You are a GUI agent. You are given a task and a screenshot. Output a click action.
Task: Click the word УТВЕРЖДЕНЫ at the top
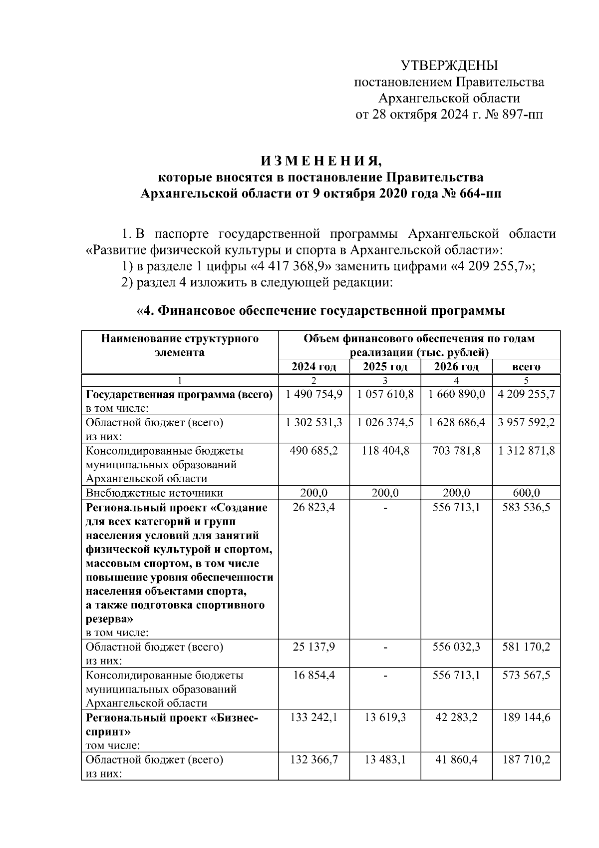[449, 65]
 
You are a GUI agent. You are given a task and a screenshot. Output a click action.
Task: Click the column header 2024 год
[313, 367]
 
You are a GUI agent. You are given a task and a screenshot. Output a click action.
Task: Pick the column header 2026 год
[456, 367]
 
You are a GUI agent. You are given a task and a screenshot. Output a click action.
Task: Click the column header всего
[526, 367]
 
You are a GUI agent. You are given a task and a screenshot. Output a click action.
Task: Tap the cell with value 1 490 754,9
[313, 394]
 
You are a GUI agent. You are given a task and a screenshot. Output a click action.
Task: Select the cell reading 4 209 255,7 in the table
[526, 394]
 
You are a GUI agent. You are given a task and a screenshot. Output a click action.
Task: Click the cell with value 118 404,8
[385, 451]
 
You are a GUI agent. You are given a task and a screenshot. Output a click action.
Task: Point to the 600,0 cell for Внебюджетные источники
[526, 493]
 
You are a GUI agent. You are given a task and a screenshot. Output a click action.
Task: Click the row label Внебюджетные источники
[154, 493]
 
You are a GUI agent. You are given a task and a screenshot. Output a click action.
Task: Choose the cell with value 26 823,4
[313, 508]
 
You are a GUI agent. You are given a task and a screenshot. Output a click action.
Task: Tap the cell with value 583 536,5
[526, 508]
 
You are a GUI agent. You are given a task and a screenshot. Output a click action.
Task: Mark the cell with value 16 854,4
[313, 675]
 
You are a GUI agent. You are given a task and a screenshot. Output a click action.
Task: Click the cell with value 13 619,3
[385, 718]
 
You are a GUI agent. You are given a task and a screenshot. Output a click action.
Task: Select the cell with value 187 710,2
[526, 760]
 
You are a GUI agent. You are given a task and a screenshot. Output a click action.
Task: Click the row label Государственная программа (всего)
[179, 394]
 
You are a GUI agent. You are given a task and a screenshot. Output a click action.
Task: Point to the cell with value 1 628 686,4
[456, 423]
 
